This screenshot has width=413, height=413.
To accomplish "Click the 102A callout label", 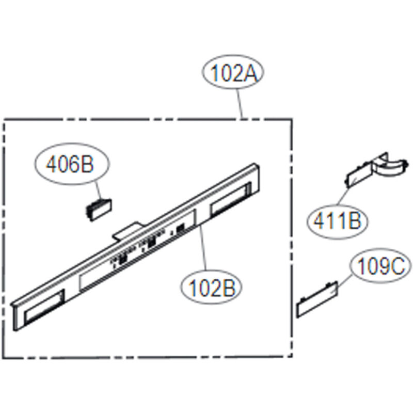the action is click(233, 73).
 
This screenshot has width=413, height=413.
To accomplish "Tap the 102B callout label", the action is click(211, 287).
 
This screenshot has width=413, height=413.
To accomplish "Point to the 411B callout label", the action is click(338, 221).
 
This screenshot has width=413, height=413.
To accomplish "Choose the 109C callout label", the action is click(380, 266).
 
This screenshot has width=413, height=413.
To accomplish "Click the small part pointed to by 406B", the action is click(99, 210).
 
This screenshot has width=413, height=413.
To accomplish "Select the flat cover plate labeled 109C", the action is click(317, 299).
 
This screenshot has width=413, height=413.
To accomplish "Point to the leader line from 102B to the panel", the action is click(203, 248).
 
